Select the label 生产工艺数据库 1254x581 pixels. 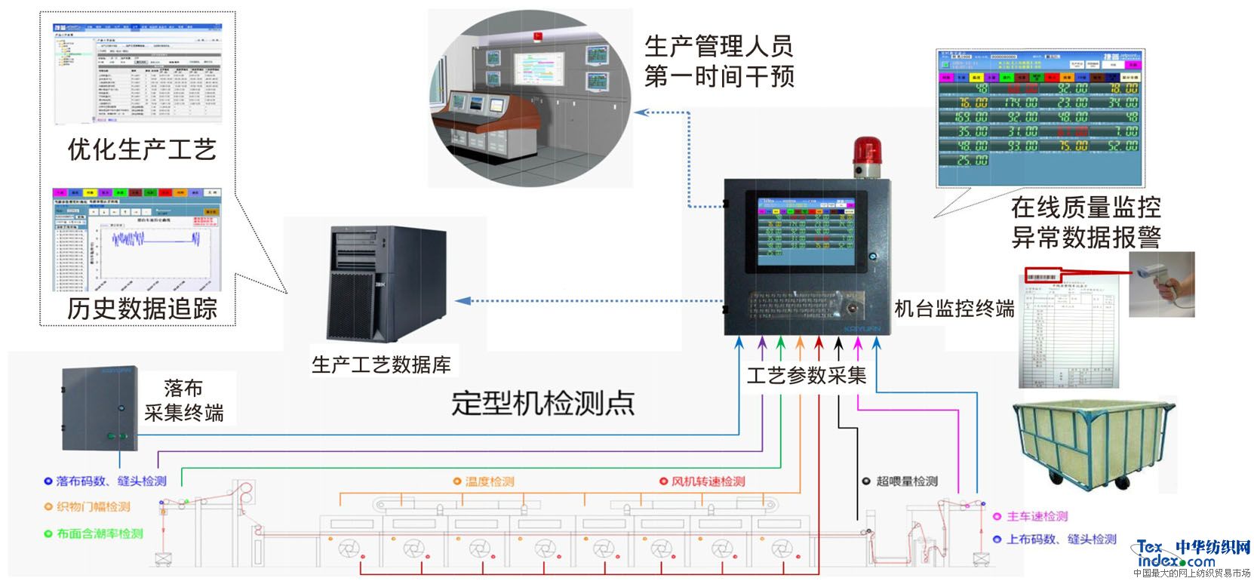coord(381,365)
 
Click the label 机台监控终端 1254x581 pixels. coord(954,308)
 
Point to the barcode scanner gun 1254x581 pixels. coord(1162,284)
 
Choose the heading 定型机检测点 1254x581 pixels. coord(542,403)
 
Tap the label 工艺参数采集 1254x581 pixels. coord(806,374)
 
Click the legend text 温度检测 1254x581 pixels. coord(489,481)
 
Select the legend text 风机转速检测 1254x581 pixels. coord(707,481)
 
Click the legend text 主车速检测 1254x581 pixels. coord(1037,517)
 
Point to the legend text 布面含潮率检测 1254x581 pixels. coord(99,533)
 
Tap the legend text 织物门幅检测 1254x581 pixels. coord(93,507)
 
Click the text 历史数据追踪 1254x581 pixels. coord(142,308)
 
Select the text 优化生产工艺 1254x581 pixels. coord(142,149)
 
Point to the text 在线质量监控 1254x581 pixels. coord(1085,207)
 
